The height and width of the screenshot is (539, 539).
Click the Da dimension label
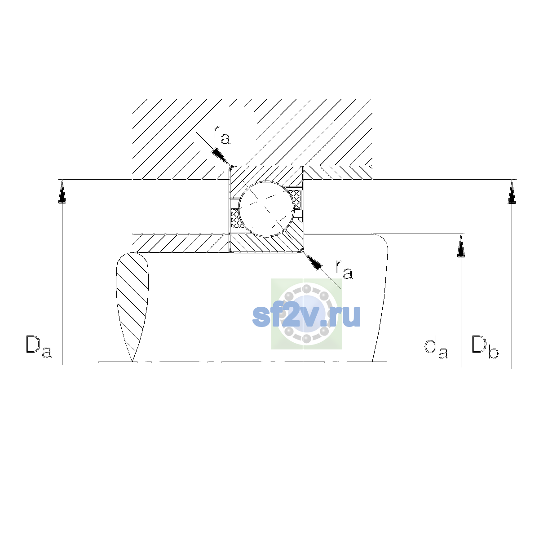pyautogui.click(x=39, y=346)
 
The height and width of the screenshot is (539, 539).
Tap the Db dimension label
pyautogui.click(x=485, y=347)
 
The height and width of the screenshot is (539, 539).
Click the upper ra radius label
pyautogui.click(x=221, y=135)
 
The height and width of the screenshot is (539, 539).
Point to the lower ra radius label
pyautogui.click(x=344, y=269)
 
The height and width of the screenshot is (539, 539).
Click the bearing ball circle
pyautogui.click(x=266, y=209)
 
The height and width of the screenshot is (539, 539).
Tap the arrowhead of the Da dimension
pyautogui.click(x=62, y=191)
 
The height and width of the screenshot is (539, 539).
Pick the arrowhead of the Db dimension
pyautogui.click(x=512, y=192)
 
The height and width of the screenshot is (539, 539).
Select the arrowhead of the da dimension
pyautogui.click(x=461, y=245)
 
